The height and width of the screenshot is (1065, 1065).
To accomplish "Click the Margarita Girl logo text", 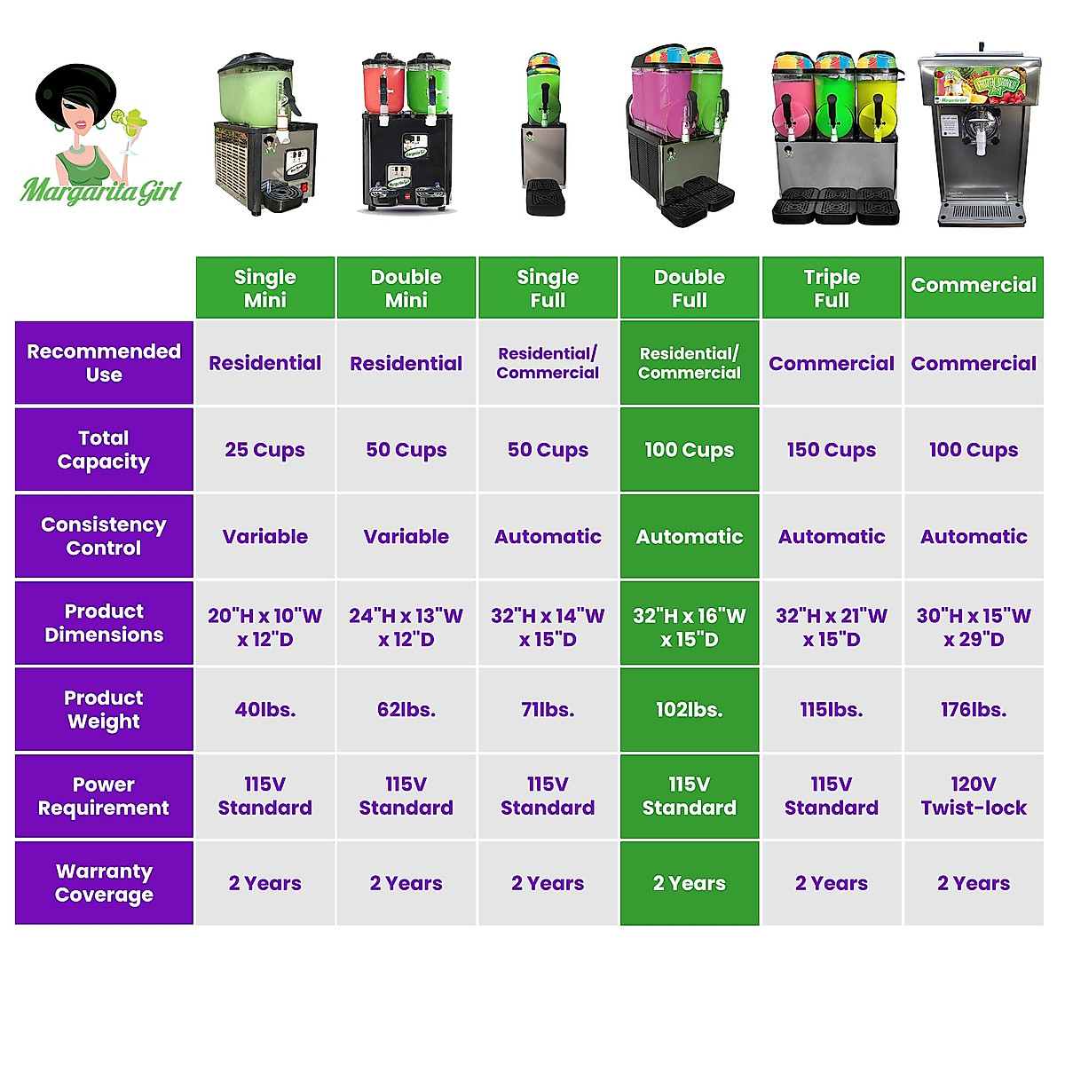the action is (x=100, y=190).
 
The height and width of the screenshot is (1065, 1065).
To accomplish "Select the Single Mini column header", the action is (x=264, y=288).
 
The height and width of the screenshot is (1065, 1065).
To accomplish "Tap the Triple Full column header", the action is (x=832, y=288).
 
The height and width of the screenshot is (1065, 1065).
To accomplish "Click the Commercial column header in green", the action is (x=974, y=286).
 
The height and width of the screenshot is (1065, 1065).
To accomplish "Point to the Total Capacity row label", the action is (x=104, y=449).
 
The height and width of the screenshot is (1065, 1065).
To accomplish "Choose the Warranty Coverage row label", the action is (x=104, y=883).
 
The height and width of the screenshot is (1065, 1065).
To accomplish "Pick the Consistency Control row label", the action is (x=104, y=536).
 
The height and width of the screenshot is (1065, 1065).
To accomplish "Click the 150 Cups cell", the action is (x=832, y=450).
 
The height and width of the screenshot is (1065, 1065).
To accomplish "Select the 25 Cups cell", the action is (x=264, y=450).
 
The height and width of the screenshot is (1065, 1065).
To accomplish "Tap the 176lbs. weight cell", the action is (x=974, y=710).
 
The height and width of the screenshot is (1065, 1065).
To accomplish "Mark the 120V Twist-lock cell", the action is (x=974, y=796).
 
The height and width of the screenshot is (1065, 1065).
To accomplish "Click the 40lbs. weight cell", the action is (x=264, y=710).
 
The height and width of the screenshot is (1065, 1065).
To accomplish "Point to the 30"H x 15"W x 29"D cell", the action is (x=974, y=627).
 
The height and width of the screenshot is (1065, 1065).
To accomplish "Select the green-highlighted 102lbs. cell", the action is (x=690, y=710).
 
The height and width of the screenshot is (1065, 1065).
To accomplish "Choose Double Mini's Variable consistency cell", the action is (x=406, y=537).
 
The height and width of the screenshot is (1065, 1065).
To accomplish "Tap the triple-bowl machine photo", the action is (x=834, y=138).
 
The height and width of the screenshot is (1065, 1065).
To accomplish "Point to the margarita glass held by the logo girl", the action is (x=132, y=124).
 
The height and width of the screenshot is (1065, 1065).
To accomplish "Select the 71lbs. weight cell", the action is (x=548, y=710).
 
